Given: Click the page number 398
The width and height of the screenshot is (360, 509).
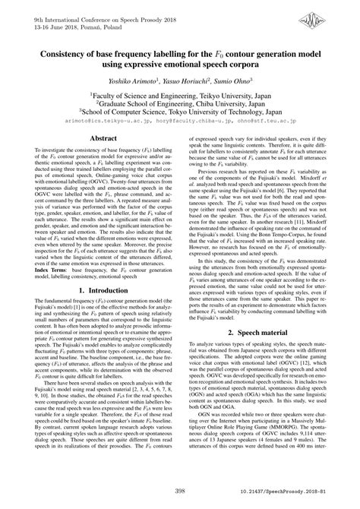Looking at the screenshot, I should (180, 492).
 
